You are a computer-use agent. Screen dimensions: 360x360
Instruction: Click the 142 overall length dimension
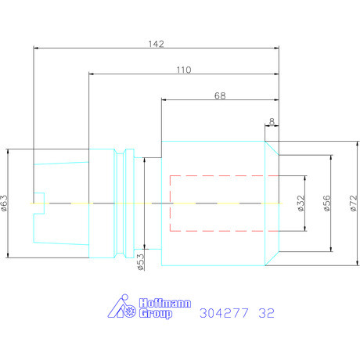pyautogui.click(x=156, y=44)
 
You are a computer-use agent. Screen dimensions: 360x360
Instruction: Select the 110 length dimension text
pyautogui.click(x=184, y=70)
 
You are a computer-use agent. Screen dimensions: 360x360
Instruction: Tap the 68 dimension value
pyautogui.click(x=220, y=95)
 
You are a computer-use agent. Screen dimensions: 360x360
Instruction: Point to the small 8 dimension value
pyautogui.click(x=272, y=121)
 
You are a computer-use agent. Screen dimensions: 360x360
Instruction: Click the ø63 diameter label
pyautogui.click(x=5, y=203)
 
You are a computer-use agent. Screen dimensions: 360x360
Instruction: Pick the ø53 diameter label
pyautogui.click(x=140, y=262)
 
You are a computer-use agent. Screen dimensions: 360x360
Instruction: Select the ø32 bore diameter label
pyautogui.click(x=301, y=203)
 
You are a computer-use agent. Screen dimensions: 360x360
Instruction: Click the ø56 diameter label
pyautogui.click(x=326, y=203)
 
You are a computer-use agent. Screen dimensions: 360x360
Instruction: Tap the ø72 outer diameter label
pyautogui.click(x=353, y=203)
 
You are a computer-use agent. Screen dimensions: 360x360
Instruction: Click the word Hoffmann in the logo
pyautogui.click(x=165, y=303)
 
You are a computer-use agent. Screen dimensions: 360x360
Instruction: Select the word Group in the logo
pyautogui.click(x=156, y=313)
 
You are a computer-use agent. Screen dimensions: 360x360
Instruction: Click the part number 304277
pyautogui.click(x=224, y=313)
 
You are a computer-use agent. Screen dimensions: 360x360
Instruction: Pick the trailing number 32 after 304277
pyautogui.click(x=267, y=313)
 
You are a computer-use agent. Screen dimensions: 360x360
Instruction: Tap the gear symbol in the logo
pyautogui.click(x=130, y=311)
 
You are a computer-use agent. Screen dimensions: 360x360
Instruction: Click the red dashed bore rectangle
pyautogui.click(x=170, y=203)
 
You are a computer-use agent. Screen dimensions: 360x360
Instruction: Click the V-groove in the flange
pyautogui.click(x=121, y=203)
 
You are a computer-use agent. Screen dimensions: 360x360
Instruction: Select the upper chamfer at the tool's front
pyautogui.click(x=272, y=148)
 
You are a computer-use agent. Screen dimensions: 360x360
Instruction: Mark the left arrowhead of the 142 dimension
pyautogui.click(x=36, y=48)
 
